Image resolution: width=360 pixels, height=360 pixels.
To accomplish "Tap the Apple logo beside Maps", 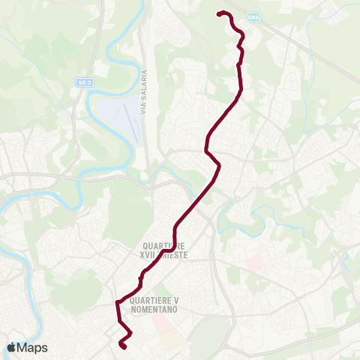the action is [10, 348].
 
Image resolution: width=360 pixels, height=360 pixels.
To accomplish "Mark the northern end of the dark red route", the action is [218, 13].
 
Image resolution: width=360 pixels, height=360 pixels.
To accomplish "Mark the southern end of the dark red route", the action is [121, 345].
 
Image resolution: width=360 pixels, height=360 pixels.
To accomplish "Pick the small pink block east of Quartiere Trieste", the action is [255, 262].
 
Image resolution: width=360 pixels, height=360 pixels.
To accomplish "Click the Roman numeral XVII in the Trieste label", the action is [147, 255].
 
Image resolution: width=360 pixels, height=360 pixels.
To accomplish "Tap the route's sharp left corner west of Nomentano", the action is [117, 302].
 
